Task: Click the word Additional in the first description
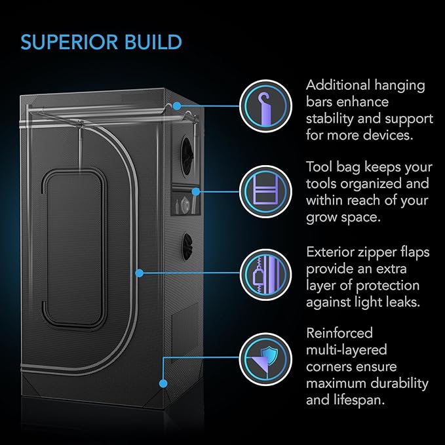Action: (338, 86)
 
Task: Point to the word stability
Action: (332, 119)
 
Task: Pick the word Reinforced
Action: (340, 334)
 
